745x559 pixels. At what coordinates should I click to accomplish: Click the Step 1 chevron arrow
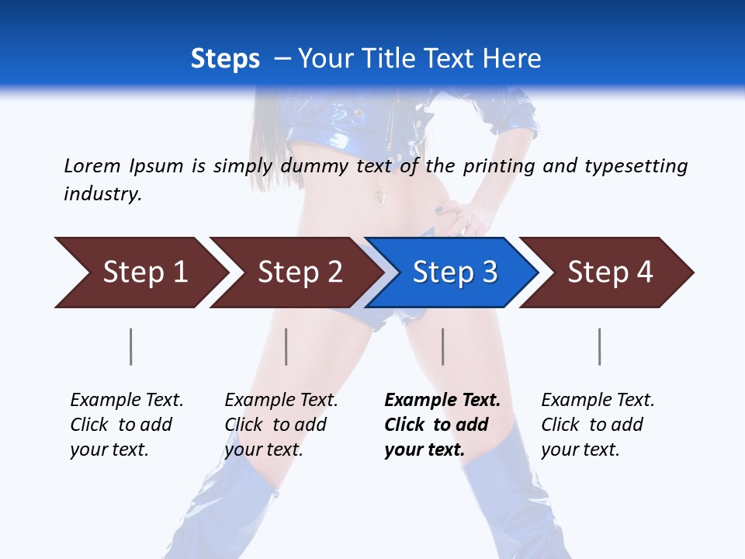point(144,273)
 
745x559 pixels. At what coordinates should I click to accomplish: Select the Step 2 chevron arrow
point(299,273)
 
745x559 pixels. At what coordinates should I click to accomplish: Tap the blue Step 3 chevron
point(454,273)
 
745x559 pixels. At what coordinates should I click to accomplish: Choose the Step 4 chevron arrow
point(609,273)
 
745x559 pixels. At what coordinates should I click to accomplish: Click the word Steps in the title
point(225,58)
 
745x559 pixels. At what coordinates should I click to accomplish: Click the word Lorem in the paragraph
point(92,165)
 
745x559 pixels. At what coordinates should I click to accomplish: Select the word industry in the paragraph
point(102,193)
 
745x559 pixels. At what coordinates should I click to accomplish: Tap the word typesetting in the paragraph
point(635,165)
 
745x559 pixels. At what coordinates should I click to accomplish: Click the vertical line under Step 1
point(130,346)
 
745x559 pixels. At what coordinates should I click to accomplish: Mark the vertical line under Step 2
point(286,346)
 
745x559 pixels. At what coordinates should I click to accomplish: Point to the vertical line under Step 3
point(443,346)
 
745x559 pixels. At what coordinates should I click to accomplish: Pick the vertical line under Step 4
point(600,346)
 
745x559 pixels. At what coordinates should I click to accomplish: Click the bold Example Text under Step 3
point(442,401)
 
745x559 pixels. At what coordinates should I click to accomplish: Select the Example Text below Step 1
point(126,401)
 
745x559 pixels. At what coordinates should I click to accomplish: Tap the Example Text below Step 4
point(598,401)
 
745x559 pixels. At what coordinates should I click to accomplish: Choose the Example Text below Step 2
point(281,401)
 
